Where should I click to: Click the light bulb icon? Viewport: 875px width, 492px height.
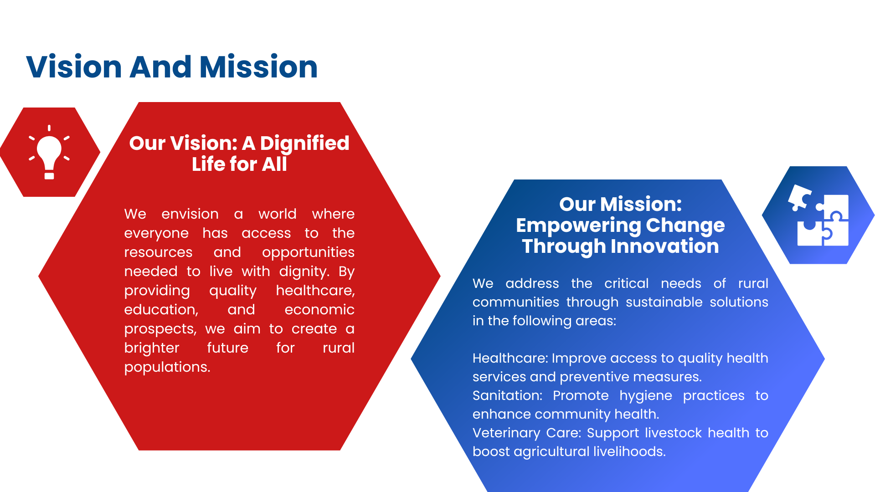point(49,152)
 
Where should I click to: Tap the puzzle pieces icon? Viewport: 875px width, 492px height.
point(818,215)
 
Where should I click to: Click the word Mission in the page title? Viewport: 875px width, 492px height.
point(258,67)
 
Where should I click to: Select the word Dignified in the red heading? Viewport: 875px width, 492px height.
point(305,143)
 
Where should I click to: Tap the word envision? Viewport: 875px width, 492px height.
point(190,214)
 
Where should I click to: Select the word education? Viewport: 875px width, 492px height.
point(161,310)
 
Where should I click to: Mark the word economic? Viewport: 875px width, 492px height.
point(319,310)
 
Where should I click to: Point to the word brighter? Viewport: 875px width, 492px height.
point(152,348)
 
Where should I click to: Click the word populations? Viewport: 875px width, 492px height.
point(167,368)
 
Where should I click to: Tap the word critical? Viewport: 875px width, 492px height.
point(626,283)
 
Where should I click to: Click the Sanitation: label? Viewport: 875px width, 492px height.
point(507,395)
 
